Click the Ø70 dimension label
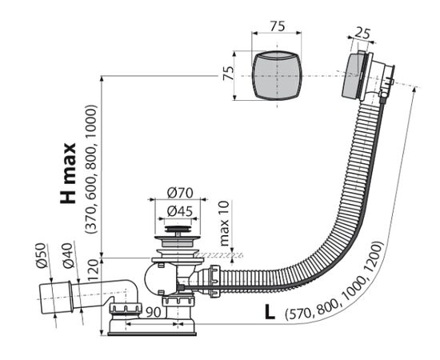[x=180, y=194]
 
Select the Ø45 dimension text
[x=179, y=211]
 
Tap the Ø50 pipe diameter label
[x=41, y=255]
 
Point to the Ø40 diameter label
[x=68, y=255]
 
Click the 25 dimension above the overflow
[x=362, y=34]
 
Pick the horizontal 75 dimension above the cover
[x=278, y=26]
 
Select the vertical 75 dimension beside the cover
[x=228, y=74]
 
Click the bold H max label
[x=68, y=174]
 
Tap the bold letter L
[x=270, y=312]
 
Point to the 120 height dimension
[x=94, y=270]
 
